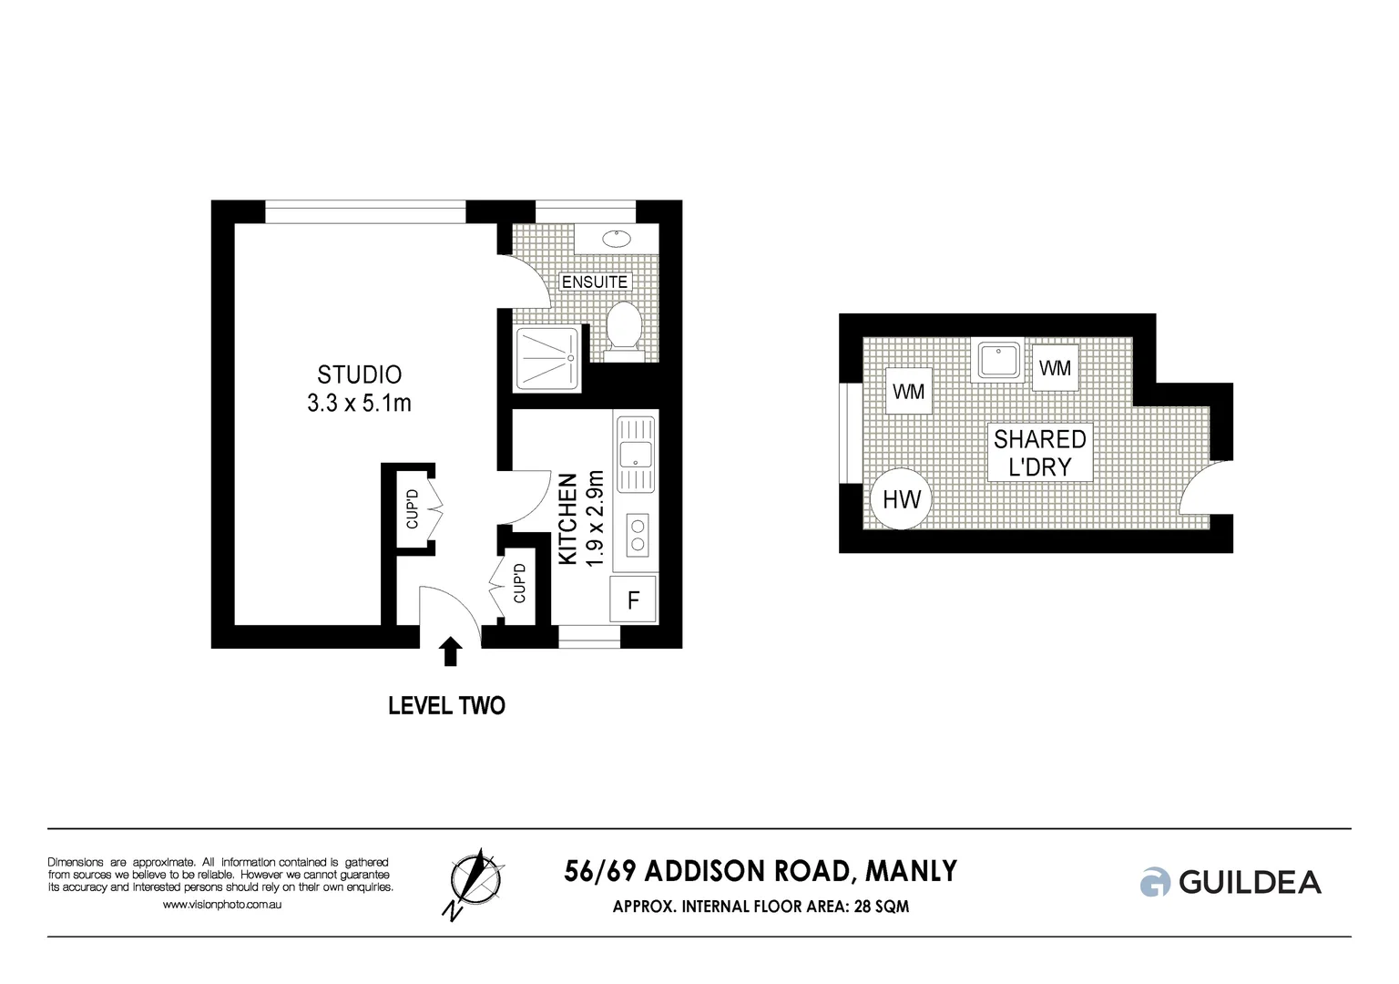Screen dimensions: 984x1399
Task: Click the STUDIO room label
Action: pyautogui.click(x=359, y=374)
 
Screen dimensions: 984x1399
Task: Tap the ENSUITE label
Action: pyautogui.click(x=595, y=282)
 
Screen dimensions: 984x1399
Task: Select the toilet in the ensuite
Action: pyautogui.click(x=624, y=329)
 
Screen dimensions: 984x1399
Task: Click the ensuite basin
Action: pyautogui.click(x=618, y=239)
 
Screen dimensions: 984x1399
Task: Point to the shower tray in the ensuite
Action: pyautogui.click(x=546, y=359)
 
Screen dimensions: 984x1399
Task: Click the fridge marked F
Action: pyautogui.click(x=633, y=600)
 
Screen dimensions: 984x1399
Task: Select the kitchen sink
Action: pyautogui.click(x=636, y=453)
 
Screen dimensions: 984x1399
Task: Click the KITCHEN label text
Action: pyautogui.click(x=567, y=519)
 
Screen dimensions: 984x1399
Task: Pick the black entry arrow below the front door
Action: pyautogui.click(x=450, y=651)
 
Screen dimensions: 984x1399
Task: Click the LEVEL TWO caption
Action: pyautogui.click(x=446, y=706)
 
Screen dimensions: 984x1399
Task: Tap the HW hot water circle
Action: pyautogui.click(x=902, y=499)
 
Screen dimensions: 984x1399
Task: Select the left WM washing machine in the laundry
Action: pyautogui.click(x=909, y=392)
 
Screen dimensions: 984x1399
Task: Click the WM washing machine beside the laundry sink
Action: pyautogui.click(x=1055, y=368)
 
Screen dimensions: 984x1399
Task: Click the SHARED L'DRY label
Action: pyautogui.click(x=1039, y=453)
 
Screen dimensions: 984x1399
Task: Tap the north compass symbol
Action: pyautogui.click(x=475, y=881)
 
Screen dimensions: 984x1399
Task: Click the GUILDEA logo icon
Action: pyautogui.click(x=1155, y=882)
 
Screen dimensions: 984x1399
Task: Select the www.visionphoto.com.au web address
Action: pyautogui.click(x=221, y=905)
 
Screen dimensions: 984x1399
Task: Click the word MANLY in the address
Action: pyautogui.click(x=911, y=872)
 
